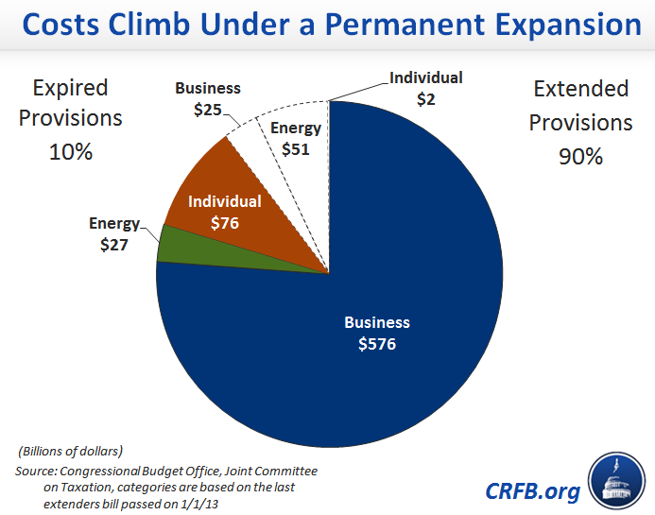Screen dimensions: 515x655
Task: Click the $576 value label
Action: pos(377,344)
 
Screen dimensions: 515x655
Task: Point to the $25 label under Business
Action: pos(207,110)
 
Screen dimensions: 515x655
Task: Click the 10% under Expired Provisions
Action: pos(71,150)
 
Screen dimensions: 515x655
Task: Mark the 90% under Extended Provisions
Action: pos(580,156)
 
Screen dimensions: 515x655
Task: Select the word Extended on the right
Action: pos(580,89)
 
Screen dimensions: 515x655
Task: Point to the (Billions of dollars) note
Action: pos(69,449)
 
